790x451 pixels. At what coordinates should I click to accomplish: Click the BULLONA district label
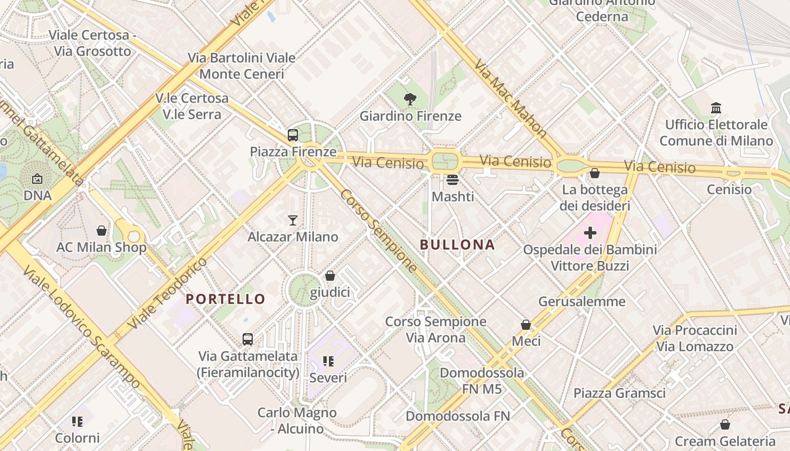(x=458, y=245)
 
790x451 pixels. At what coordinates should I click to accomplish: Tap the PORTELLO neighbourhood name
(x=226, y=299)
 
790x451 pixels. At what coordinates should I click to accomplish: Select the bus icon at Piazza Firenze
(x=292, y=135)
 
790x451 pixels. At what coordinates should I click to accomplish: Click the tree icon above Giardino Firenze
(x=410, y=100)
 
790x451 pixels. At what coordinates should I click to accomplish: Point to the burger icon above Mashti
(x=453, y=180)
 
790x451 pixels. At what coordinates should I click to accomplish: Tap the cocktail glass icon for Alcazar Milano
(x=292, y=220)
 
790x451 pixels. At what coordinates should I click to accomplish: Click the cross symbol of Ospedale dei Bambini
(x=590, y=232)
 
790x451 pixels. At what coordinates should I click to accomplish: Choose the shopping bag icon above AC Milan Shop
(x=102, y=230)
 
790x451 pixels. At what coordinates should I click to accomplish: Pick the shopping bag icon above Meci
(x=526, y=325)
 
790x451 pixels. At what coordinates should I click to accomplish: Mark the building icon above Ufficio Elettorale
(x=716, y=108)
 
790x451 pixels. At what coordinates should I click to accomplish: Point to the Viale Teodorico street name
(x=167, y=294)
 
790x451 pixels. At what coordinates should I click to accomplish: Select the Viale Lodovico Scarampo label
(x=81, y=327)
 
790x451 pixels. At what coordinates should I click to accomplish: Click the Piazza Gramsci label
(x=620, y=393)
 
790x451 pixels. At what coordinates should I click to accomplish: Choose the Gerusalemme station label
(x=582, y=301)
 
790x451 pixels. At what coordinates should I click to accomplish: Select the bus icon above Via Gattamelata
(x=247, y=339)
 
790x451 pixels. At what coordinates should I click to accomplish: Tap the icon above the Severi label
(x=328, y=361)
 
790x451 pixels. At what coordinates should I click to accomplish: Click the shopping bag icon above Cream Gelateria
(x=725, y=424)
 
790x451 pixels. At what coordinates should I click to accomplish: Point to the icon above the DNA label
(x=37, y=179)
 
